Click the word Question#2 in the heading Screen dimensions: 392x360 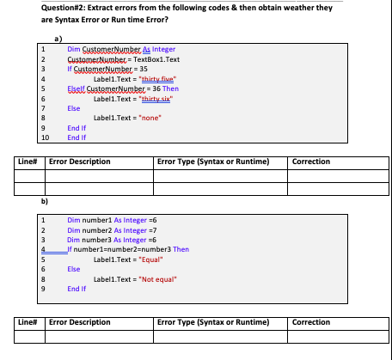[61, 7]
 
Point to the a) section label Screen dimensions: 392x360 [58, 39]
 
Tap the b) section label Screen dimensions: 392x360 [44, 199]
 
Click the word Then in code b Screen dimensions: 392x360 [181, 248]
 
